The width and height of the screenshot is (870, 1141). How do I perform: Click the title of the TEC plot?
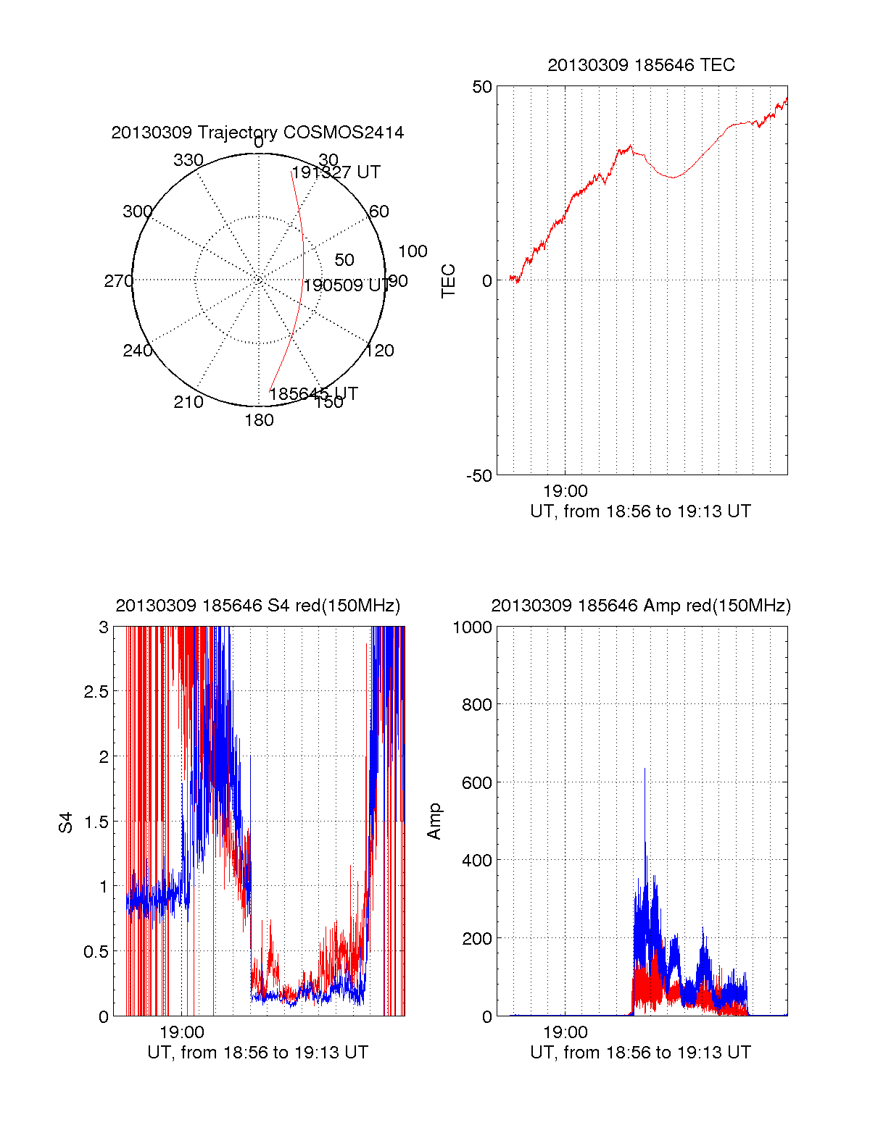point(641,65)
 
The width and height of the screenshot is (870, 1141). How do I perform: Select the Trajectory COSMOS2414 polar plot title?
point(257,133)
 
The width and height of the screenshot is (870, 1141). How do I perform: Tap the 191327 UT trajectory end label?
point(336,172)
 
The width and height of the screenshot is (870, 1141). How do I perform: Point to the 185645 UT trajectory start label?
point(313,394)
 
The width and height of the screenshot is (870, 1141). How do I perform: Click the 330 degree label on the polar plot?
point(188,160)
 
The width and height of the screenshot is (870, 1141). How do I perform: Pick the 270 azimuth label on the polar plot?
point(118,281)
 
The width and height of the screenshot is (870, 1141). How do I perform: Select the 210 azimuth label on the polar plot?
point(188,402)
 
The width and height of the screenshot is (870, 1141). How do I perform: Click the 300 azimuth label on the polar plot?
point(137,212)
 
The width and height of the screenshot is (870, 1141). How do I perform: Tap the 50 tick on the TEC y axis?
point(482,87)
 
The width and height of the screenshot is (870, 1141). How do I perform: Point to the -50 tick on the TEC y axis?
point(479,476)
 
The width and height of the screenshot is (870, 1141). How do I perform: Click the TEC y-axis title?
point(449,281)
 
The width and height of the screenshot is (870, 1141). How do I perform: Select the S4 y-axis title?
point(66,822)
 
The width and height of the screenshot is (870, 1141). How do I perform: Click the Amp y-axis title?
point(434,822)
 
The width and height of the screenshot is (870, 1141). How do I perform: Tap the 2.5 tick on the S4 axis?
point(96,692)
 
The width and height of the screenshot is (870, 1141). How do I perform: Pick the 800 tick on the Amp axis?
point(476,705)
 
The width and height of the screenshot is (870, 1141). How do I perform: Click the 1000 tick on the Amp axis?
point(472,627)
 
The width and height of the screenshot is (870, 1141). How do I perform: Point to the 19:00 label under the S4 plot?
point(182,1032)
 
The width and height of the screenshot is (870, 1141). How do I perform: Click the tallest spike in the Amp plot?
point(645,769)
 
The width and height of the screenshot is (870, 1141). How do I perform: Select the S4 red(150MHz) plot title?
point(257,606)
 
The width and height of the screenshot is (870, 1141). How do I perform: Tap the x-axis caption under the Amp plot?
point(641,1053)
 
